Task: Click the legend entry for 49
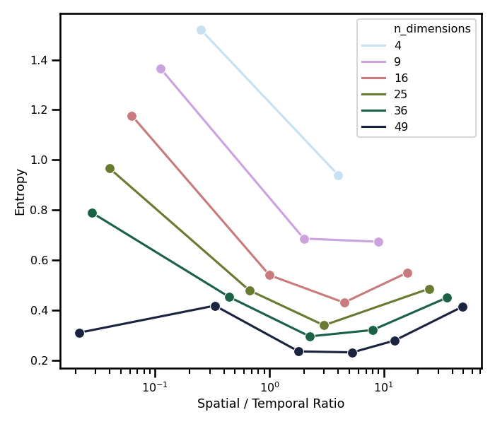tap(401, 127)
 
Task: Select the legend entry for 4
tap(397, 45)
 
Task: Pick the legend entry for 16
tap(401, 78)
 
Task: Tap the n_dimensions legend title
tap(432, 29)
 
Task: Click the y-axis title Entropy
tap(20, 192)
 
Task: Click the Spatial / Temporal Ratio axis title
tap(271, 404)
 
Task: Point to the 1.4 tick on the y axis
tap(40, 60)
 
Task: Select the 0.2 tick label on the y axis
tap(40, 360)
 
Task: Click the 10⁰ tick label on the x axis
tap(269, 387)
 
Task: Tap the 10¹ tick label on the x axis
tap(383, 387)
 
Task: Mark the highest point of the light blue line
tap(201, 30)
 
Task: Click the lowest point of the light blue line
tap(338, 175)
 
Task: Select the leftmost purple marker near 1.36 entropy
tap(161, 69)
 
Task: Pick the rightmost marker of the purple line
tap(378, 242)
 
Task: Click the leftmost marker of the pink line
tap(132, 116)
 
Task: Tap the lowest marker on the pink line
tap(344, 302)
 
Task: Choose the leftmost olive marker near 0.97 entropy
tap(110, 168)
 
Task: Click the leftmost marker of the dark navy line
tap(79, 333)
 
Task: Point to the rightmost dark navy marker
tap(462, 307)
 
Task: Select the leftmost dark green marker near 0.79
tap(92, 213)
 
